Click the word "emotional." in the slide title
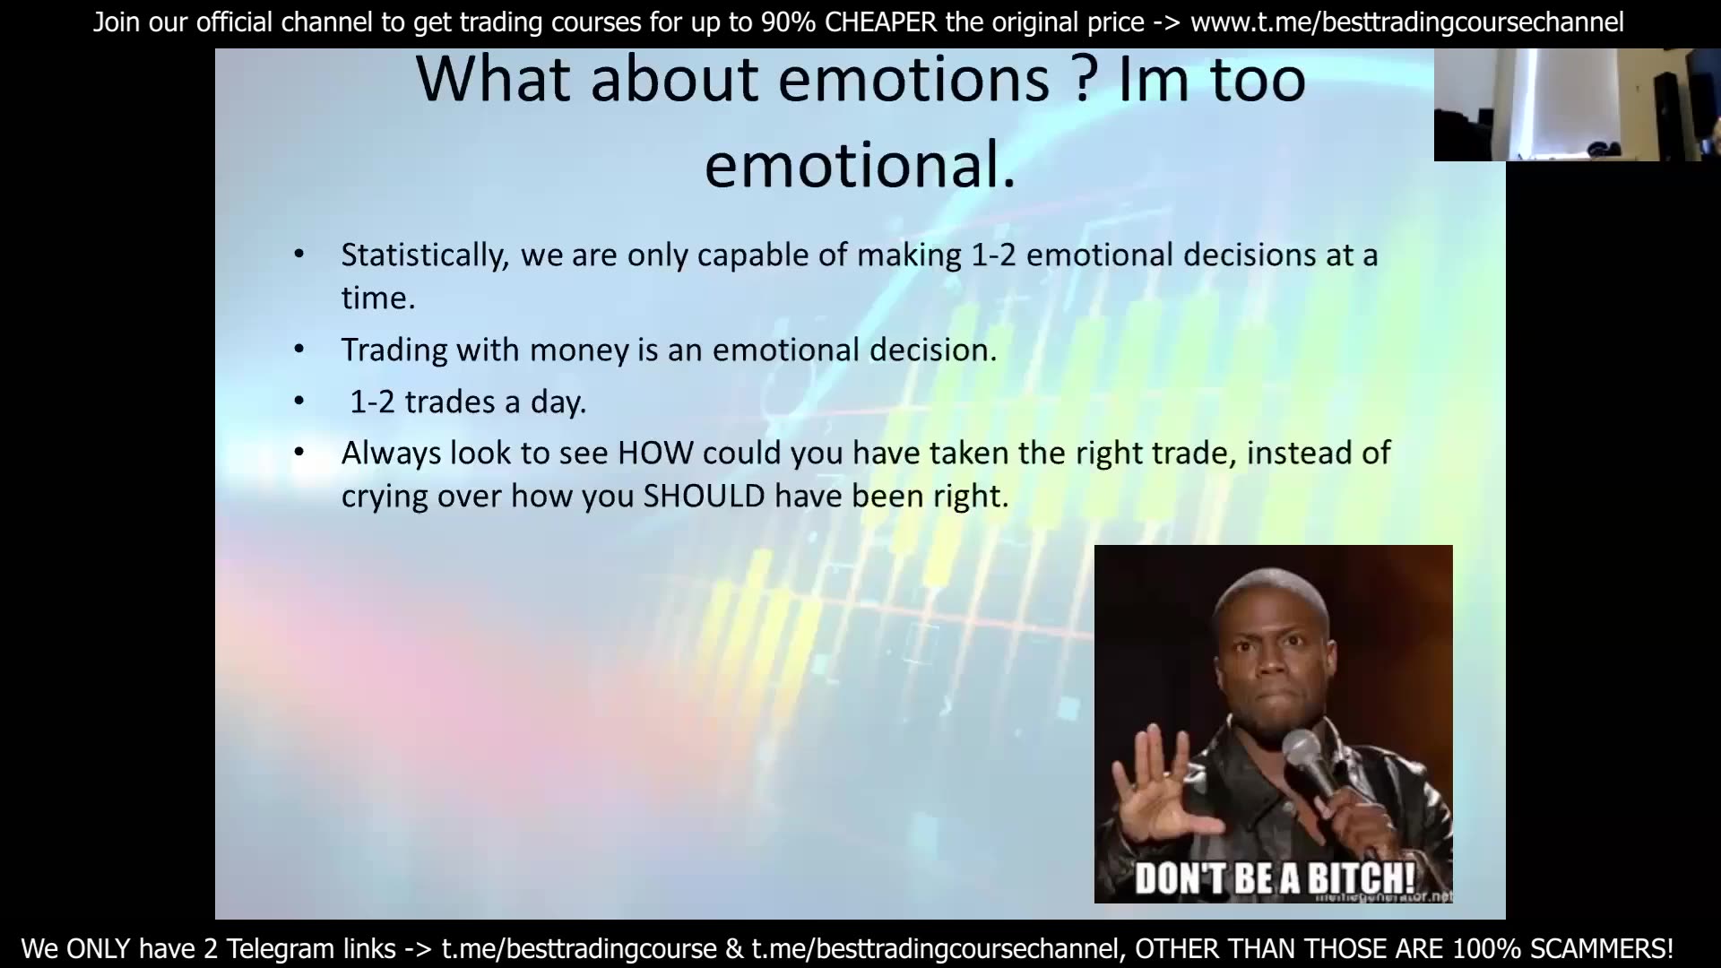[x=860, y=166]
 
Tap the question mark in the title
[x=1084, y=79]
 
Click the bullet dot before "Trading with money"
[x=299, y=349]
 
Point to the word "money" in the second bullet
[x=579, y=350]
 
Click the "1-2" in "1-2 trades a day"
[x=372, y=402]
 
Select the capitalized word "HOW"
[x=655, y=454]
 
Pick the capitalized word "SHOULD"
[x=704, y=497]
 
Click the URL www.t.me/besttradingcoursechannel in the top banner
[x=1406, y=22]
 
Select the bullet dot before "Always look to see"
[x=299, y=453]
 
